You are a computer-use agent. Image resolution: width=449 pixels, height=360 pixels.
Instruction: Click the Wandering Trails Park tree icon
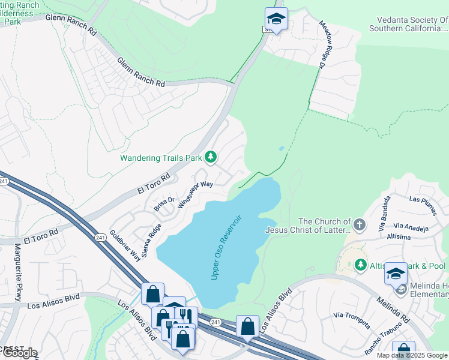(x=210, y=157)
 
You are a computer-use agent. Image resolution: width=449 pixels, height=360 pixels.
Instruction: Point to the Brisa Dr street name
(x=163, y=203)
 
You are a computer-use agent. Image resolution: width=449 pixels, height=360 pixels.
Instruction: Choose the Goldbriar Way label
(x=125, y=245)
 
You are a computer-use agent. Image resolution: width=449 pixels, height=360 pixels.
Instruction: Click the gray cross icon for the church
(x=359, y=225)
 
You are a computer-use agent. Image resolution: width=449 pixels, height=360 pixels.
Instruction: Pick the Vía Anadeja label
(x=411, y=229)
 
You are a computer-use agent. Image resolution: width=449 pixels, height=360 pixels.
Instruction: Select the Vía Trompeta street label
(x=352, y=319)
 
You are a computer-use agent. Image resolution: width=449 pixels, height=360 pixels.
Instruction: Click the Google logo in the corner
(x=19, y=353)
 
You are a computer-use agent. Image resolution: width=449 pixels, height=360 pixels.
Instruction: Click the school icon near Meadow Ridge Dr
(x=276, y=19)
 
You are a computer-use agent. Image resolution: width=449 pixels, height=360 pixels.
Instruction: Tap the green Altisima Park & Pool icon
(x=360, y=265)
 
